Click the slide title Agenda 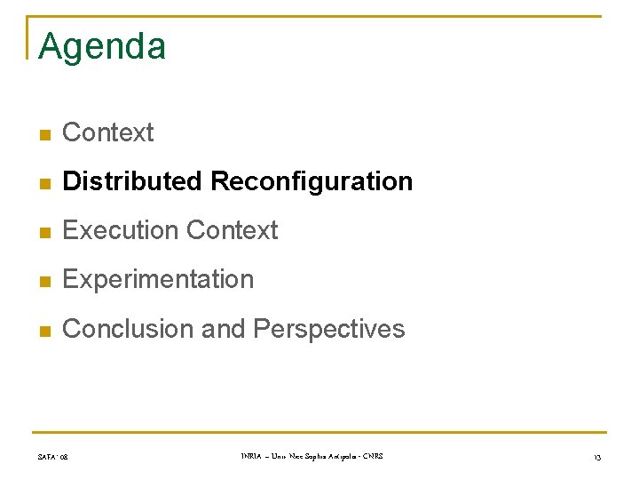click(x=102, y=46)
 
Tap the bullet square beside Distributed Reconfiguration click(x=44, y=182)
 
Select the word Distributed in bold click(x=133, y=181)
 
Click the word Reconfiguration click(x=312, y=182)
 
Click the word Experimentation click(x=158, y=280)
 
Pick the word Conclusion click(x=129, y=329)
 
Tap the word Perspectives click(x=329, y=330)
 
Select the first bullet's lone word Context click(x=108, y=132)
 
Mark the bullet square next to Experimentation click(x=44, y=281)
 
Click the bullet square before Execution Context click(x=44, y=231)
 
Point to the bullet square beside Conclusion click(x=44, y=330)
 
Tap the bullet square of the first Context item click(x=44, y=133)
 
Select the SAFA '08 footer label click(x=53, y=458)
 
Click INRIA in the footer click(x=251, y=457)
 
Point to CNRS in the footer click(x=373, y=457)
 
